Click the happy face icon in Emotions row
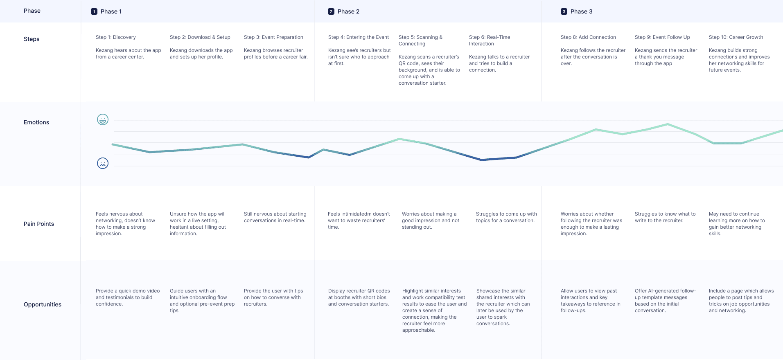[x=103, y=119]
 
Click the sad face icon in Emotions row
[x=103, y=163]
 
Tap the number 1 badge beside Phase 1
[x=94, y=11]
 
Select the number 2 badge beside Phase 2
[x=331, y=11]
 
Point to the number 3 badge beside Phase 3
[x=564, y=11]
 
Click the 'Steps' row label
[x=32, y=39]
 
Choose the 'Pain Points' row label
[x=39, y=224]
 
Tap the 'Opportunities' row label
[x=43, y=304]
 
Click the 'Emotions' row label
[x=36, y=122]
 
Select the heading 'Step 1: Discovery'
[x=116, y=37]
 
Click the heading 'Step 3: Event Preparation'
[x=273, y=37]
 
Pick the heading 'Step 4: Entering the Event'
[x=359, y=37]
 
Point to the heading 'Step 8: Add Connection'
[x=588, y=37]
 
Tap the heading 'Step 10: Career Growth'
[x=736, y=37]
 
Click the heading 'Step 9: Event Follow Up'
[x=662, y=37]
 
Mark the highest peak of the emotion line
[x=668, y=124]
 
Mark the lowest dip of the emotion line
[x=482, y=160]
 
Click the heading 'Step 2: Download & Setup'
[x=200, y=37]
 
